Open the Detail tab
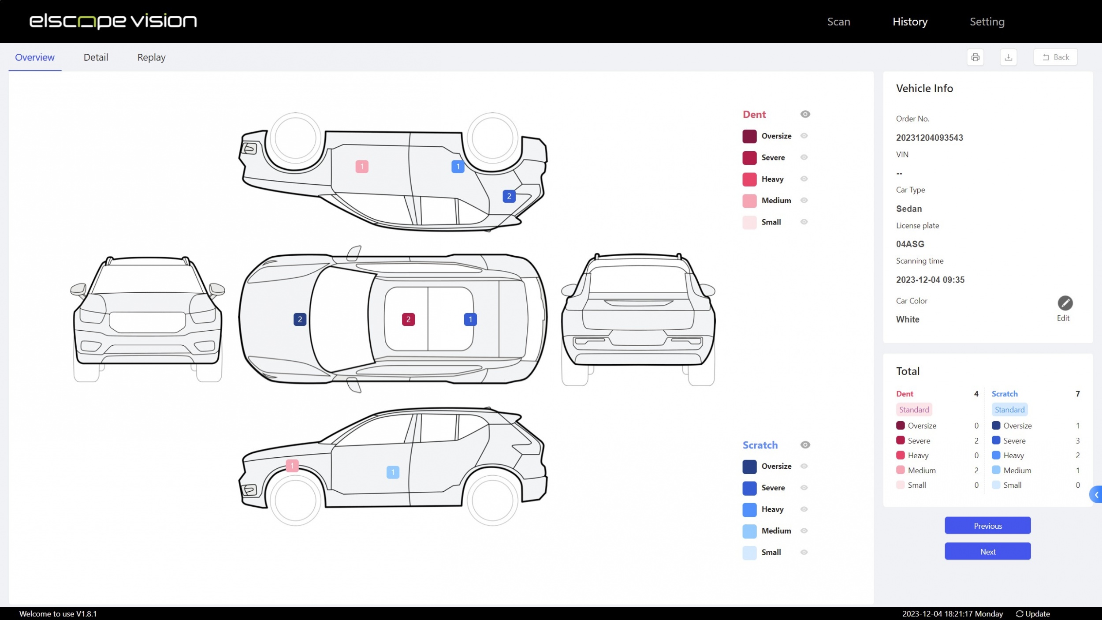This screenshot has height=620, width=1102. [96, 57]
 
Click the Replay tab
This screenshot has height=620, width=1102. [151, 57]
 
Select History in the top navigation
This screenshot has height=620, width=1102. [910, 22]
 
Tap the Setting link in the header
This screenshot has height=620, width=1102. [987, 22]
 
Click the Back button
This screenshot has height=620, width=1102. [1055, 57]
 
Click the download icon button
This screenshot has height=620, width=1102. [1008, 57]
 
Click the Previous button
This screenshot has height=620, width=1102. [987, 526]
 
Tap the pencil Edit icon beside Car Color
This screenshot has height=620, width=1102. [1065, 303]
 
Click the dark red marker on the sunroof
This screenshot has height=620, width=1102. [408, 319]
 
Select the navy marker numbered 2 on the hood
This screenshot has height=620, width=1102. [300, 319]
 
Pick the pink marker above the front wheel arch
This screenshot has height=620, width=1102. [292, 466]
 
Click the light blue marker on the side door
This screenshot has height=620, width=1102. [393, 472]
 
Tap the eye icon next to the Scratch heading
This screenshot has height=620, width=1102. [805, 445]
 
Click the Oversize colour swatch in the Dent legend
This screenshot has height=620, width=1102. [749, 136]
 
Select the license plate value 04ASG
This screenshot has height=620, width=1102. [910, 244]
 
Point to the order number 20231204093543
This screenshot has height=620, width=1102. [929, 138]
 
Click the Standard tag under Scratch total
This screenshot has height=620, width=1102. [1009, 410]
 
